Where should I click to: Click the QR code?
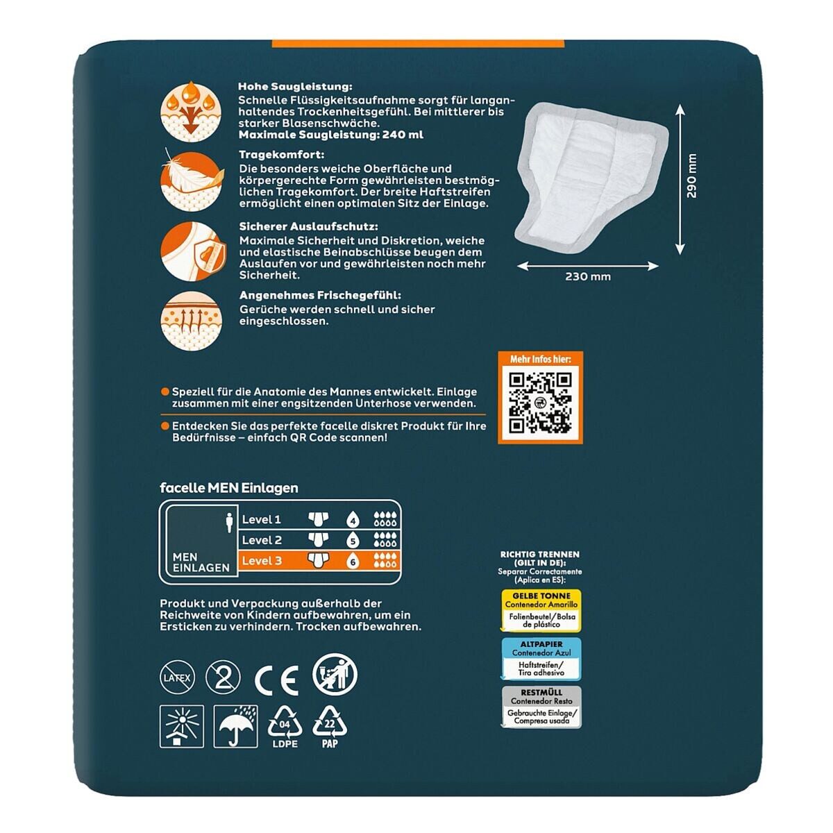point(540,403)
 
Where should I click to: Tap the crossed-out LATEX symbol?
point(177,678)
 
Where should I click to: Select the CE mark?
point(277,680)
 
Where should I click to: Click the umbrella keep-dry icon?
point(235,727)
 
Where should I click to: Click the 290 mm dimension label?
point(691,176)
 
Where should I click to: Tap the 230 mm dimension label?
point(588,277)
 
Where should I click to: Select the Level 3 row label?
point(262,561)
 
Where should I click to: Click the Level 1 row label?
point(262,519)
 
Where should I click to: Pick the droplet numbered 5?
point(353,540)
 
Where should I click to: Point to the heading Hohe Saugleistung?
point(295,87)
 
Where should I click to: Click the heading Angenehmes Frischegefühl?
point(320,295)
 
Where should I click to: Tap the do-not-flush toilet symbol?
point(335,675)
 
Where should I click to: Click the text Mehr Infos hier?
point(540,359)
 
